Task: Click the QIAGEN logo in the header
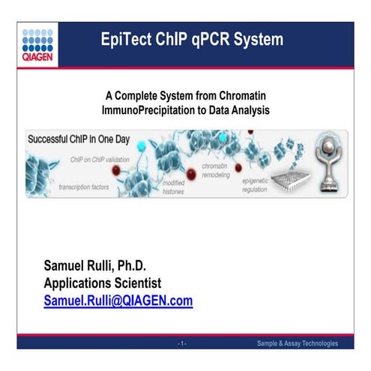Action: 37,42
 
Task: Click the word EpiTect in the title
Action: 130,39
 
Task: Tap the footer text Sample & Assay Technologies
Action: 297,343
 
